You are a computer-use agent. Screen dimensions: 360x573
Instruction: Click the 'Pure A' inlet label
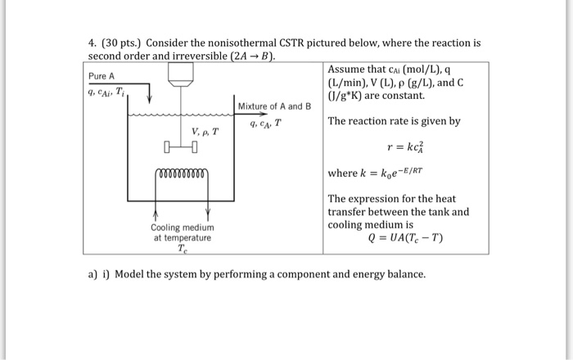click(102, 76)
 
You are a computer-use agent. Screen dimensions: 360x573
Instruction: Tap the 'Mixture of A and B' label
click(275, 106)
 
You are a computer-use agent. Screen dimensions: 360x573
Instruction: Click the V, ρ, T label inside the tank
click(205, 132)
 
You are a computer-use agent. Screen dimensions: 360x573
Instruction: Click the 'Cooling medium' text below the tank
click(182, 227)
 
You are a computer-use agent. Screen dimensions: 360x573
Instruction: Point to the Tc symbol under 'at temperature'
click(182, 250)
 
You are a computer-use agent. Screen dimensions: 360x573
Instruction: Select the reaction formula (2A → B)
click(254, 56)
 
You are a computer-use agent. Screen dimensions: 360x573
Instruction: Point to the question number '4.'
click(92, 42)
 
